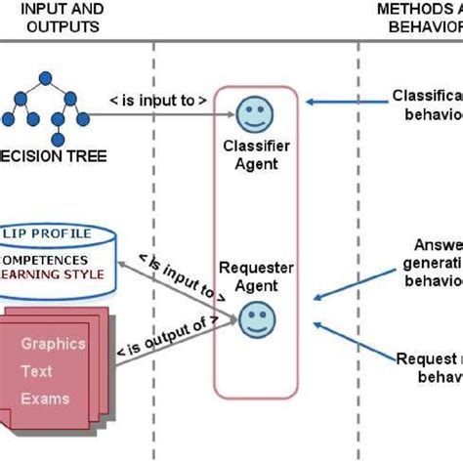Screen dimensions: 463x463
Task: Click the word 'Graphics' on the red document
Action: [54, 344]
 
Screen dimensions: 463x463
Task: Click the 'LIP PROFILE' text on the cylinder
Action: [47, 234]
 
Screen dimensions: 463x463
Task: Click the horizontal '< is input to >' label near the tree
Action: [158, 100]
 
